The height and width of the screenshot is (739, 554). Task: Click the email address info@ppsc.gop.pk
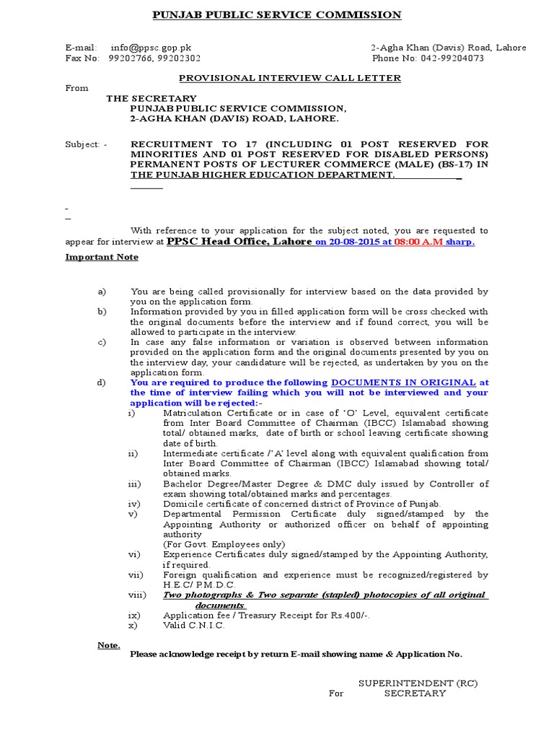(151, 48)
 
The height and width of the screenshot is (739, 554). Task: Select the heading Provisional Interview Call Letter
(289, 78)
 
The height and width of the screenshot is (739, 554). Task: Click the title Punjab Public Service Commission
(277, 14)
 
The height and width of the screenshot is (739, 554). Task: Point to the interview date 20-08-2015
(351, 242)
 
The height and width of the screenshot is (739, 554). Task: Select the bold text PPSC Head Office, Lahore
(239, 242)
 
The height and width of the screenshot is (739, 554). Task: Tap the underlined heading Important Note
(102, 257)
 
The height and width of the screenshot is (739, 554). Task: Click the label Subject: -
(86, 144)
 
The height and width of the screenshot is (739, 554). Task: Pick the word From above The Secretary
(77, 88)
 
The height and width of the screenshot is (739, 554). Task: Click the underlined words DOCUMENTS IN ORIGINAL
(403, 382)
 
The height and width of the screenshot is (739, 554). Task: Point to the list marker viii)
(137, 595)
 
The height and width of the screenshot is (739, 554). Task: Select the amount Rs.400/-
(350, 616)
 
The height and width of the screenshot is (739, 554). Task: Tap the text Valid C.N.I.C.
(194, 626)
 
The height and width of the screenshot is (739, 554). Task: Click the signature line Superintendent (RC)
(418, 683)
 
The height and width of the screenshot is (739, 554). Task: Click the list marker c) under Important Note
(102, 342)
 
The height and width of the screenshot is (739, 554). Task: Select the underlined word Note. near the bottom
(109, 644)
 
